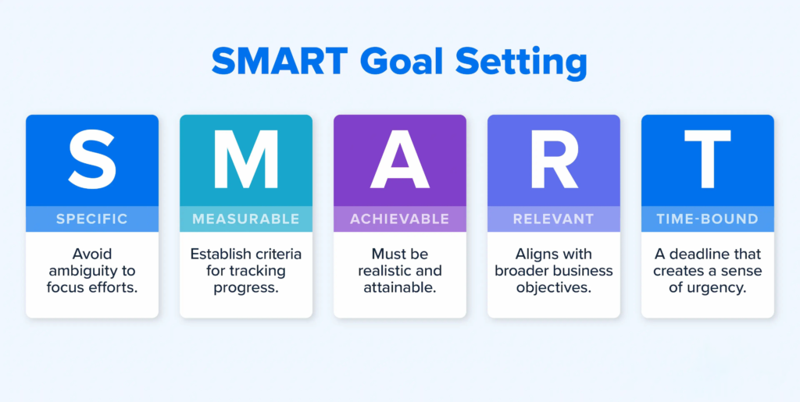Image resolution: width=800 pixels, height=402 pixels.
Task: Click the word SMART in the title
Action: point(280,62)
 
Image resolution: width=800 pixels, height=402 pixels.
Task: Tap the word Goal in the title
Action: point(402,62)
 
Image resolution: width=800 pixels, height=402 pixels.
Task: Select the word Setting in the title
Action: point(521,64)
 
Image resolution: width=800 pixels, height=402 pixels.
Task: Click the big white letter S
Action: point(92,159)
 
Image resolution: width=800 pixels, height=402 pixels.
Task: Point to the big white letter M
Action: point(246,159)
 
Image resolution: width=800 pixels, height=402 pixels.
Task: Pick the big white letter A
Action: point(400,159)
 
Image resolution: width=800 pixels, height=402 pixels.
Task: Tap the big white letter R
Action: point(555,159)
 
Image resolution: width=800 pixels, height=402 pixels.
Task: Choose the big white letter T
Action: point(708,159)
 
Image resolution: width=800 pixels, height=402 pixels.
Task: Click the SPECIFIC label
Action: point(92,219)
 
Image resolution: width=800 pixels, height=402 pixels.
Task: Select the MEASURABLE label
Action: point(246,219)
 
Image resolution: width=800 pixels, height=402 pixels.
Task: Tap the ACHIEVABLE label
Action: point(399,219)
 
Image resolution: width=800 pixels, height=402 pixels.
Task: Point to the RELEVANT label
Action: point(554,219)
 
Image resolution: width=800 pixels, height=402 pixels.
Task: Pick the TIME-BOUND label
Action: point(707,219)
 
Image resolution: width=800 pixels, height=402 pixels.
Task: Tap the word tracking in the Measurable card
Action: point(256,271)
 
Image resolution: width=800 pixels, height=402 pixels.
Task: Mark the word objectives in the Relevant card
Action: point(554,288)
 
